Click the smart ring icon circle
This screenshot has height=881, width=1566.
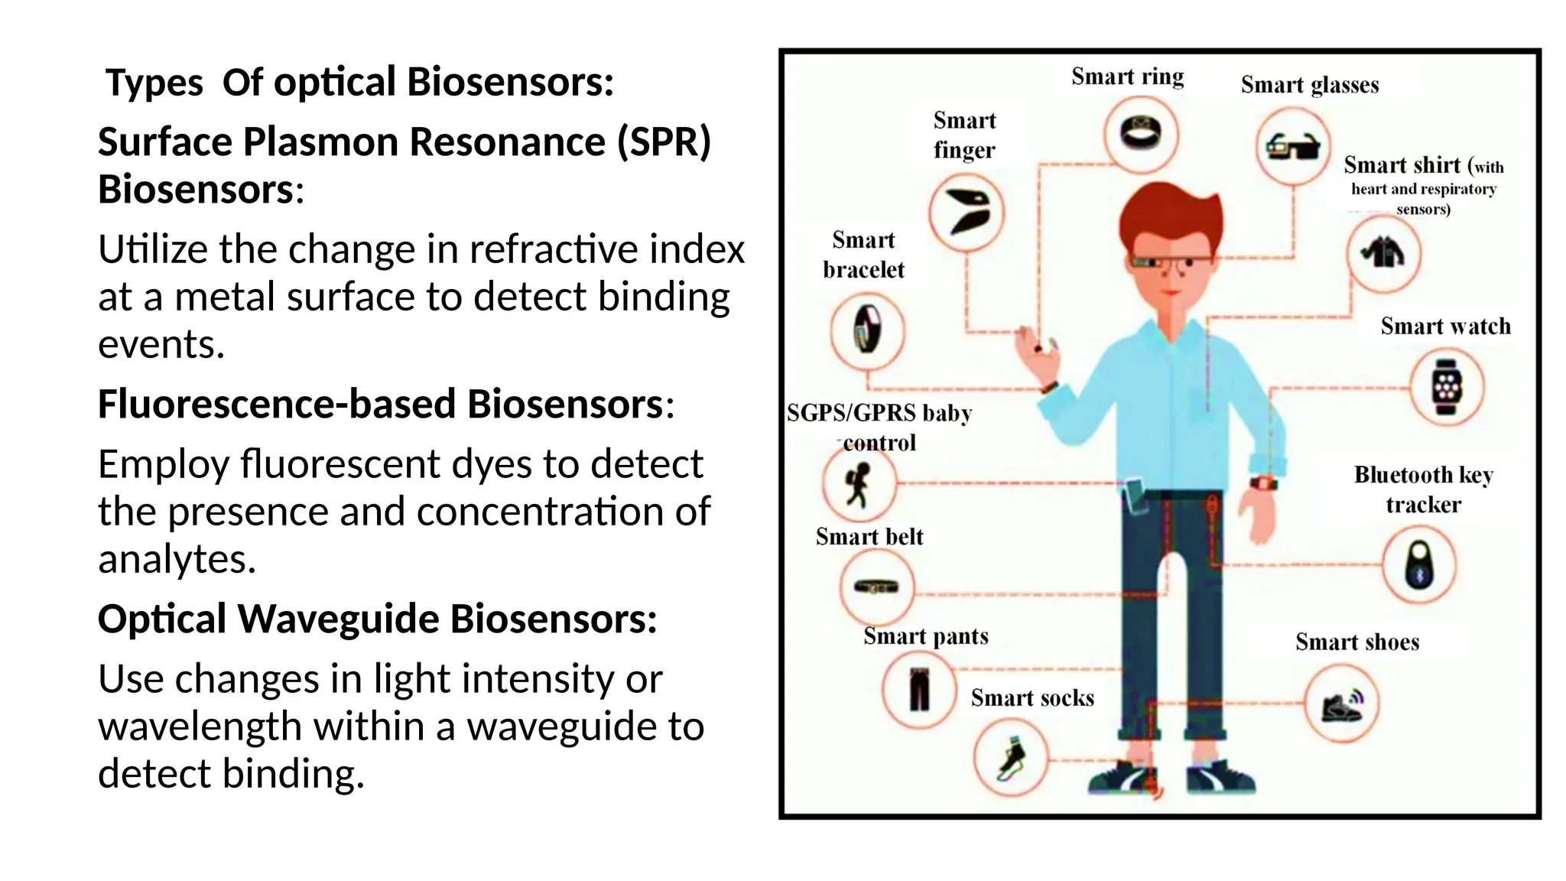coord(1141,135)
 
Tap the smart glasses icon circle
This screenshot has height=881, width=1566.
coord(1293,145)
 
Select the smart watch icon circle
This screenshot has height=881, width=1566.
coord(1447,387)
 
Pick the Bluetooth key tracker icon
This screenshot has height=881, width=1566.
coord(1419,564)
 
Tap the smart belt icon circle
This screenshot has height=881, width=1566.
coord(876,587)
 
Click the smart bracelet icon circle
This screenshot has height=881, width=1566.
coord(867,330)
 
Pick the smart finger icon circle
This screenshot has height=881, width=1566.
coord(967,212)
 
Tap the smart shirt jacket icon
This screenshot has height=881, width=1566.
coord(1383,252)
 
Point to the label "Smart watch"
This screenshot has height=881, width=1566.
coord(1445,327)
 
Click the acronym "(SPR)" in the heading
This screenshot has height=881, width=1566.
coord(664,142)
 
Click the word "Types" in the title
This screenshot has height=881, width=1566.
coord(154,83)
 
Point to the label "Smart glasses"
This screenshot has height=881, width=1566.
coord(1309,85)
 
